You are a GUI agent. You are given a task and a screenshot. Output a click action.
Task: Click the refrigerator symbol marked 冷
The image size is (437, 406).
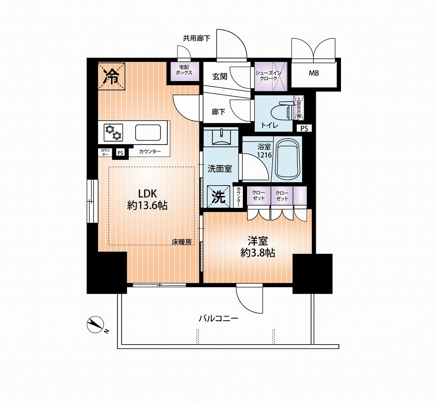pyautogui.click(x=111, y=76)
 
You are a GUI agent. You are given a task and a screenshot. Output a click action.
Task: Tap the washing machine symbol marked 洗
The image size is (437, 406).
pyautogui.click(x=218, y=197)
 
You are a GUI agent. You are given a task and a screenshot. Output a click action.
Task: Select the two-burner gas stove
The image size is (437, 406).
pyautogui.click(x=113, y=132)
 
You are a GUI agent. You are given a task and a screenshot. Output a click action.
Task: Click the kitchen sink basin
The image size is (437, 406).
pyautogui.click(x=148, y=133)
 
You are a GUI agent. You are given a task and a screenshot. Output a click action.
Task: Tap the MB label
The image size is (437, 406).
pyautogui.click(x=314, y=73)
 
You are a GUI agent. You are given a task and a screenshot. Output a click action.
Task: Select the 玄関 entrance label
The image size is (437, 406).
pyautogui.click(x=220, y=77)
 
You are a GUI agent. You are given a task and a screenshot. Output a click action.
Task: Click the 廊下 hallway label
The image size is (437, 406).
pyautogui.click(x=218, y=112)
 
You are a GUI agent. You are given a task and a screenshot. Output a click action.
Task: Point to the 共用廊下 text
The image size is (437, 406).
pyautogui.click(x=196, y=38)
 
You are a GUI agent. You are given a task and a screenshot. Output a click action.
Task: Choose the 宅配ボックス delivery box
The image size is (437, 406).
pyautogui.click(x=184, y=71)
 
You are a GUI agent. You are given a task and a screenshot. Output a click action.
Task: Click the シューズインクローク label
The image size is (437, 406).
pyautogui.click(x=269, y=76)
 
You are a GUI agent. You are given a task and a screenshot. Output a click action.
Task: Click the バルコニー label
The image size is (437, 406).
pyautogui.click(x=218, y=318)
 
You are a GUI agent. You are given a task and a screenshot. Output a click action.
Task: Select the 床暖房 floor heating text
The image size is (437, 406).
pyautogui.click(x=181, y=242)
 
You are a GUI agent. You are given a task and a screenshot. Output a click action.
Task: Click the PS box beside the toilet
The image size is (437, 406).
pyautogui.click(x=304, y=128)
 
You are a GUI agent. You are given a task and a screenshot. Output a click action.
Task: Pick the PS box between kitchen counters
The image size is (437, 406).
pyautogui.click(x=120, y=153)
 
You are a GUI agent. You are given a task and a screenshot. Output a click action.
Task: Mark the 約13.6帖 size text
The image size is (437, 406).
pyautogui.click(x=147, y=206)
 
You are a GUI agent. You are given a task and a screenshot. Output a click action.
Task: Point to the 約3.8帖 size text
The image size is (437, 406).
pyautogui.click(x=258, y=253)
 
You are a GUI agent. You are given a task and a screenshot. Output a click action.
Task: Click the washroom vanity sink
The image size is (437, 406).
pyautogui.click(x=221, y=136)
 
